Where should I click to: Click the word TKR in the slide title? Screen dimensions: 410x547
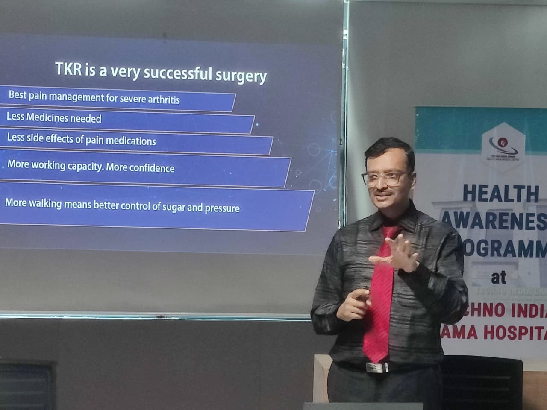[69, 69]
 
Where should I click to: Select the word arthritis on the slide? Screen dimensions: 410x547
[164, 100]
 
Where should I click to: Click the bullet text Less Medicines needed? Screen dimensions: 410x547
[54, 117]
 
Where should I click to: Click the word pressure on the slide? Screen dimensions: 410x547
[222, 208]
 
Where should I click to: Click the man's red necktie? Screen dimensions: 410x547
[379, 299]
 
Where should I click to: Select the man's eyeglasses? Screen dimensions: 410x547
[384, 177]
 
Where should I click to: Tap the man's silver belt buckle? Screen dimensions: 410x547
[376, 367]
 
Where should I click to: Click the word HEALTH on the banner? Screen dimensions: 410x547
[501, 193]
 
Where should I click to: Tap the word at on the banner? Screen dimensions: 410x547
[499, 278]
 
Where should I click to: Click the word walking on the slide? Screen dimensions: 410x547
[45, 204]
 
